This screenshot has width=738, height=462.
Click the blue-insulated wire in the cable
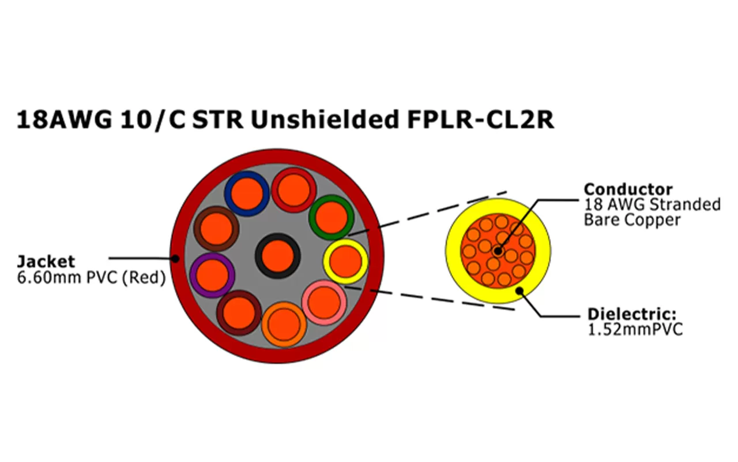click(247, 193)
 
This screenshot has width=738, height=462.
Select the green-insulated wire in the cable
click(330, 217)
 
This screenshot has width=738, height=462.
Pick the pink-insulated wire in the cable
click(324, 301)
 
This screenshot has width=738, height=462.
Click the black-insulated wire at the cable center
click(277, 256)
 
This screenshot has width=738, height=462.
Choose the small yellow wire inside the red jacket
click(345, 262)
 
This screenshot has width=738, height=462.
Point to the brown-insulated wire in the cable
click(217, 228)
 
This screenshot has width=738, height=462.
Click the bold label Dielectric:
click(631, 315)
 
